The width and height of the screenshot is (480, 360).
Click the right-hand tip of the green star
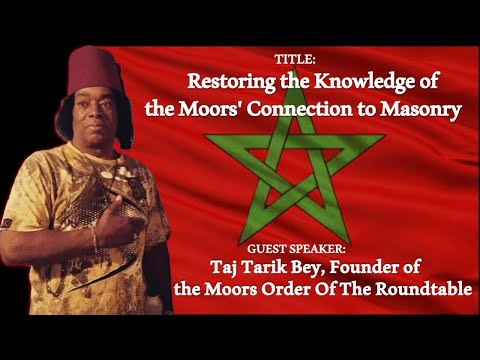tap(384, 140)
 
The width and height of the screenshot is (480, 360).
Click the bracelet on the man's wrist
tap(94, 237)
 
